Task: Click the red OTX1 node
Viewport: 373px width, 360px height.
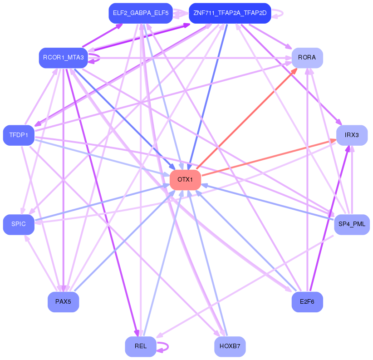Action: (185, 180)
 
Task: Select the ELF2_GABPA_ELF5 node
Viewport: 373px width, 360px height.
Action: (141, 13)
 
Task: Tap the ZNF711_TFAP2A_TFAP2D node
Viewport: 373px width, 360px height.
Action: (230, 13)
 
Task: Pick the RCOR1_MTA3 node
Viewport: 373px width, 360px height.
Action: (63, 58)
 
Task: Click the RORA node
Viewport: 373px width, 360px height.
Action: (307, 58)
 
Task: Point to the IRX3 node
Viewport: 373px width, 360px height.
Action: (352, 135)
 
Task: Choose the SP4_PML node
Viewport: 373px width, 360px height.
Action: (352, 224)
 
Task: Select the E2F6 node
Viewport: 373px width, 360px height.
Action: (307, 302)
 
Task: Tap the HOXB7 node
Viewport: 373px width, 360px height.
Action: (230, 346)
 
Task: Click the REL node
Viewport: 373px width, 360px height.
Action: (141, 346)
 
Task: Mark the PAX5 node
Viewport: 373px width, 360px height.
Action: (63, 302)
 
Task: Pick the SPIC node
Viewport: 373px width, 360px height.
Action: (19, 224)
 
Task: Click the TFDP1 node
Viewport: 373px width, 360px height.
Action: (19, 135)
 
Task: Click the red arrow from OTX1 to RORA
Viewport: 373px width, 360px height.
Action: (247, 119)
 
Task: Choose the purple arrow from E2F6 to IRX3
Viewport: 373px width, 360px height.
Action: (329, 218)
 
